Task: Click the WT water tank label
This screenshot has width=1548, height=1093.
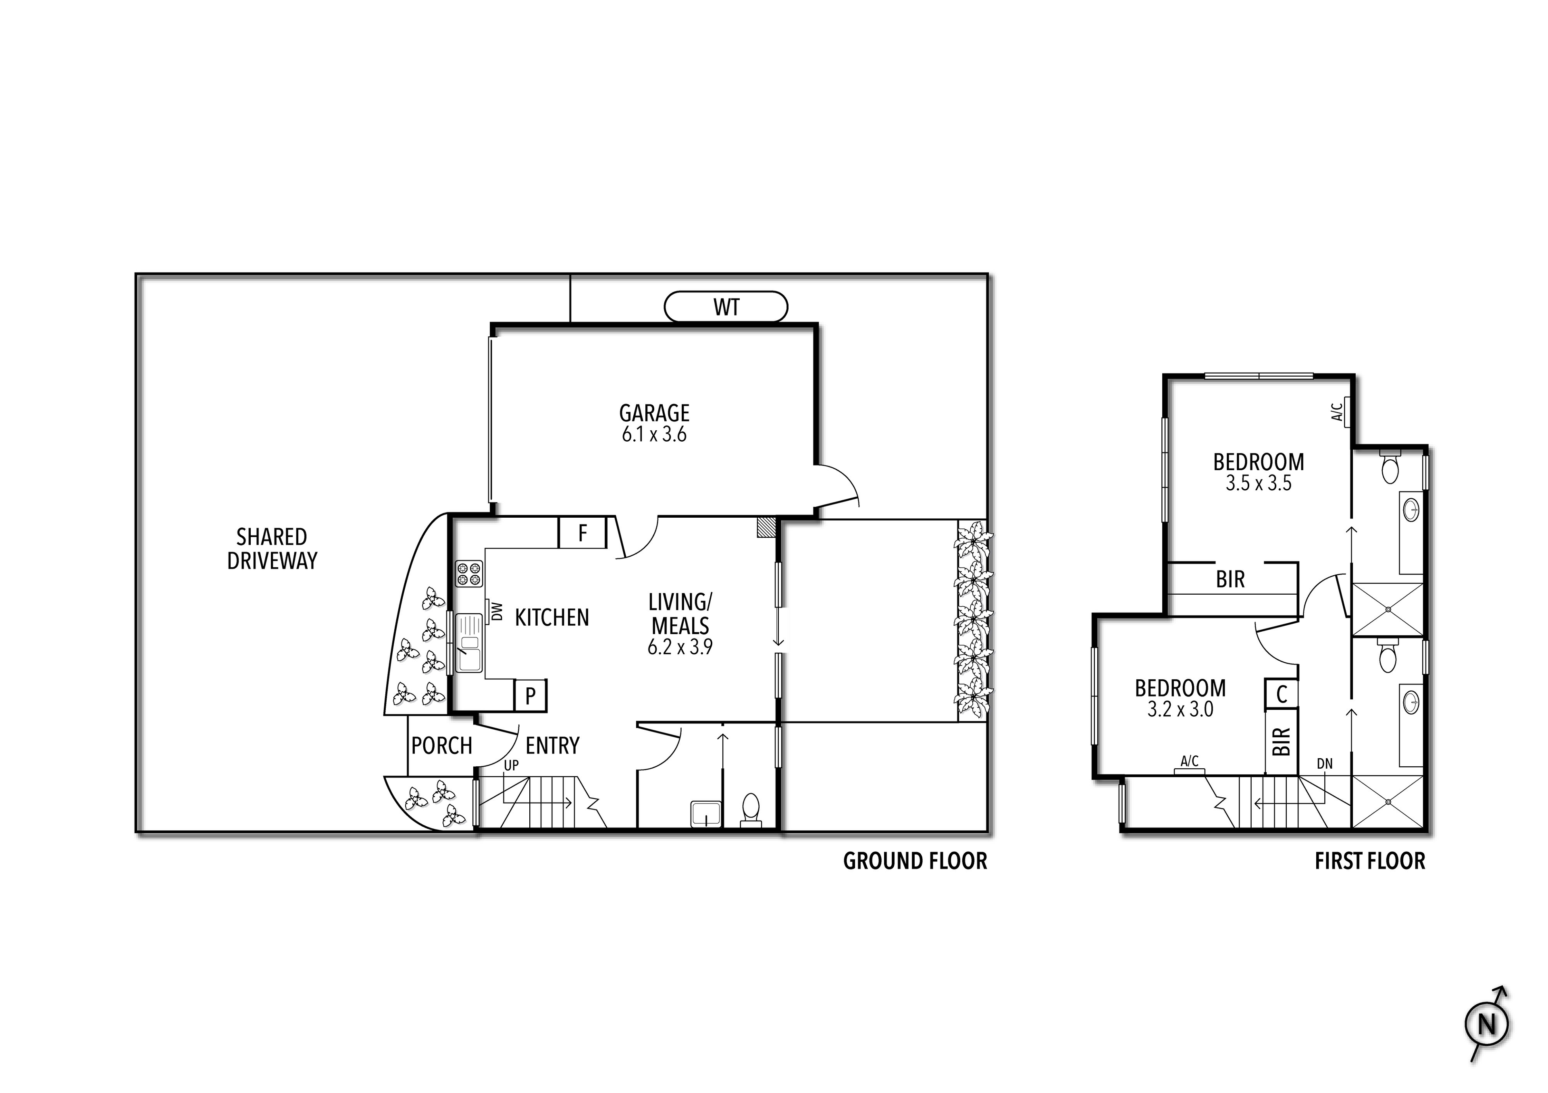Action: pos(726,307)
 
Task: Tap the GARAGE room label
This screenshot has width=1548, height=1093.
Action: pos(654,413)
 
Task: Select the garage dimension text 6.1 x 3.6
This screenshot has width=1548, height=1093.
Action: pos(654,435)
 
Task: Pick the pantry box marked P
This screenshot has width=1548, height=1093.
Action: pos(531,695)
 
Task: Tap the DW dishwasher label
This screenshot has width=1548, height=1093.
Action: pos(497,611)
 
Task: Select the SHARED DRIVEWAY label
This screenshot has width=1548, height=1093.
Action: pos(272,549)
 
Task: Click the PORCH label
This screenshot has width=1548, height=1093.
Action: pos(441,746)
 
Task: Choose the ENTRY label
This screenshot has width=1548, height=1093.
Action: pos(552,746)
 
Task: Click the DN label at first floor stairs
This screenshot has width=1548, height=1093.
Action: pos(1325,763)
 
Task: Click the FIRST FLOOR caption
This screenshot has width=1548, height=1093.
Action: pos(1370,861)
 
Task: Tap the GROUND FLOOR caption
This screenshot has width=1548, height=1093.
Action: pos(915,861)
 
